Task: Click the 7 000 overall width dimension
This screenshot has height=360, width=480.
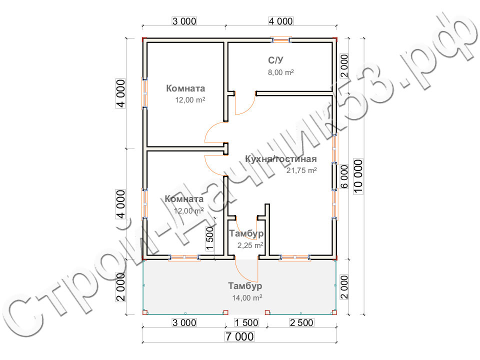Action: point(239,336)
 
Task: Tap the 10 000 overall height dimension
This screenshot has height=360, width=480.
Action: point(358,176)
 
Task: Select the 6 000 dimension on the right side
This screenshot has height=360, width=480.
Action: point(344,176)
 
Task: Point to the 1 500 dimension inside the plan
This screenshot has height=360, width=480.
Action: point(210,238)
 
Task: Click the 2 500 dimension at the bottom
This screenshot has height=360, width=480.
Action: point(301,322)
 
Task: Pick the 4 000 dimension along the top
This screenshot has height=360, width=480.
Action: point(281,21)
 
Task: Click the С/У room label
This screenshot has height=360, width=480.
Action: point(276,60)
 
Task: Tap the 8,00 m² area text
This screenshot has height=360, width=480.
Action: point(280,72)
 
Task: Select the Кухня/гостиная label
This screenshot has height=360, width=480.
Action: point(281,159)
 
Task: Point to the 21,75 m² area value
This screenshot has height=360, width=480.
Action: point(301,170)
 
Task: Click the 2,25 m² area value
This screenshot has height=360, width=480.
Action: point(250,245)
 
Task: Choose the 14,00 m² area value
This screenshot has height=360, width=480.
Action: point(247,297)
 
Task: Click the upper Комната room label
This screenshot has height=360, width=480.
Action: point(185,88)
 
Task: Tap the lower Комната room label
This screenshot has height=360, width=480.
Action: point(184,199)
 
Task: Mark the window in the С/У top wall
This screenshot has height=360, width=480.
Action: point(281,40)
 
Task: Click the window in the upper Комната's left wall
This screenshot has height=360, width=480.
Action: point(144,93)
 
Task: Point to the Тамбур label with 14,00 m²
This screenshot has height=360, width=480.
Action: point(245,286)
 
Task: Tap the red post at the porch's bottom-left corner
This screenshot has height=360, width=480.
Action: point(145,312)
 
